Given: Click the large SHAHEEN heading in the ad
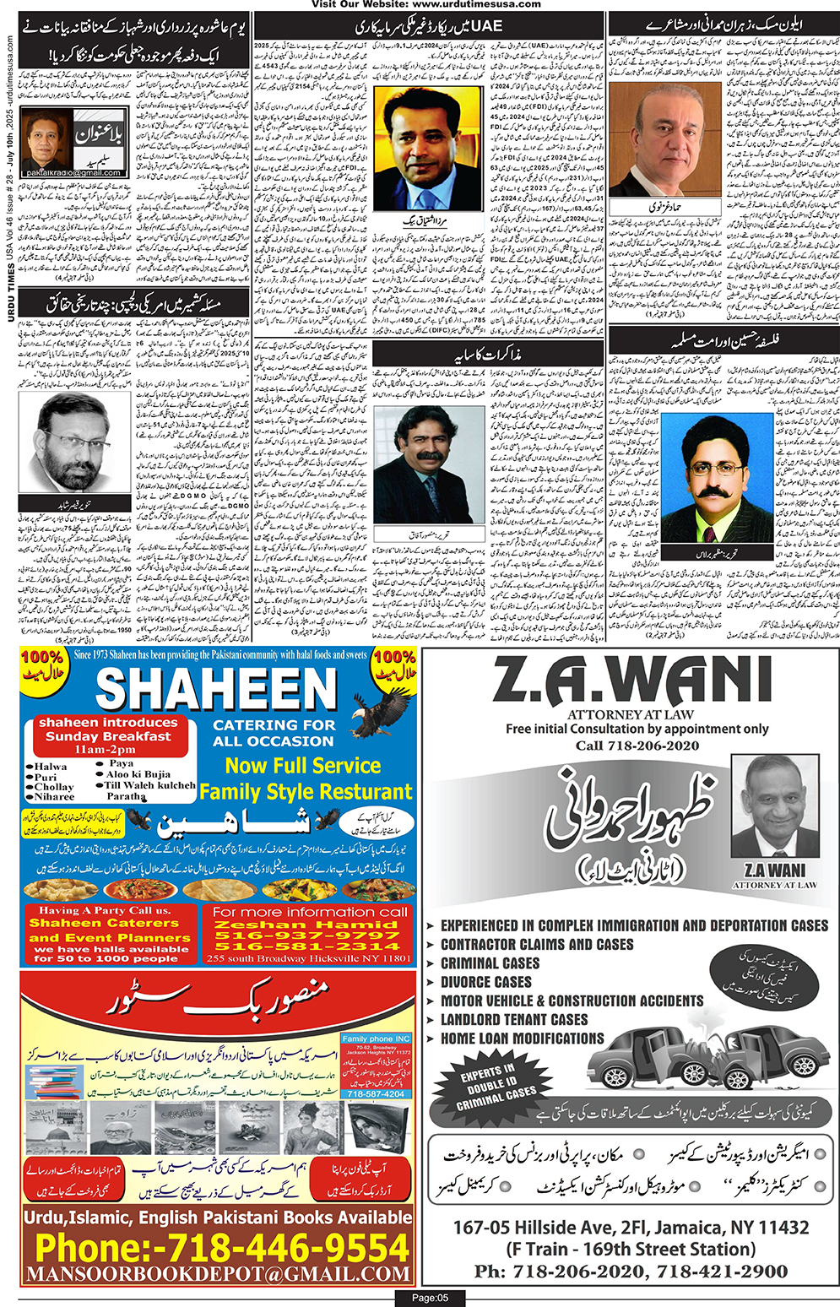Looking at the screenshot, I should click(x=216, y=690).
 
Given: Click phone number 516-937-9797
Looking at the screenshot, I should click(x=307, y=936).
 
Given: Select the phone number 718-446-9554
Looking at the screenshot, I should click(x=222, y=1248).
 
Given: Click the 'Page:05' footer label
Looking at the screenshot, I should click(x=430, y=1298).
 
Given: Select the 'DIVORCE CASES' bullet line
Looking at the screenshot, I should click(x=485, y=982).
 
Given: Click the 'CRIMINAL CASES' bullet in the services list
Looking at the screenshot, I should click(x=490, y=963).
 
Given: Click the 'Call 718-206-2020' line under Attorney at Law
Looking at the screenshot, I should click(x=637, y=746).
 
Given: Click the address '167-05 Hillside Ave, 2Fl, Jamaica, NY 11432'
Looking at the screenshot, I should click(x=631, y=1228).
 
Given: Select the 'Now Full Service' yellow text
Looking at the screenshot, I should click(x=302, y=766).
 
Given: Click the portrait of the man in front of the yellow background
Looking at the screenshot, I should click(x=428, y=149).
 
